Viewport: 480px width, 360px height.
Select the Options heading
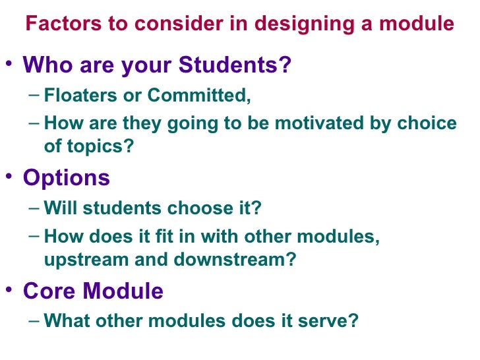click(67, 178)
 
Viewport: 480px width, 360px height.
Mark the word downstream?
click(235, 260)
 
